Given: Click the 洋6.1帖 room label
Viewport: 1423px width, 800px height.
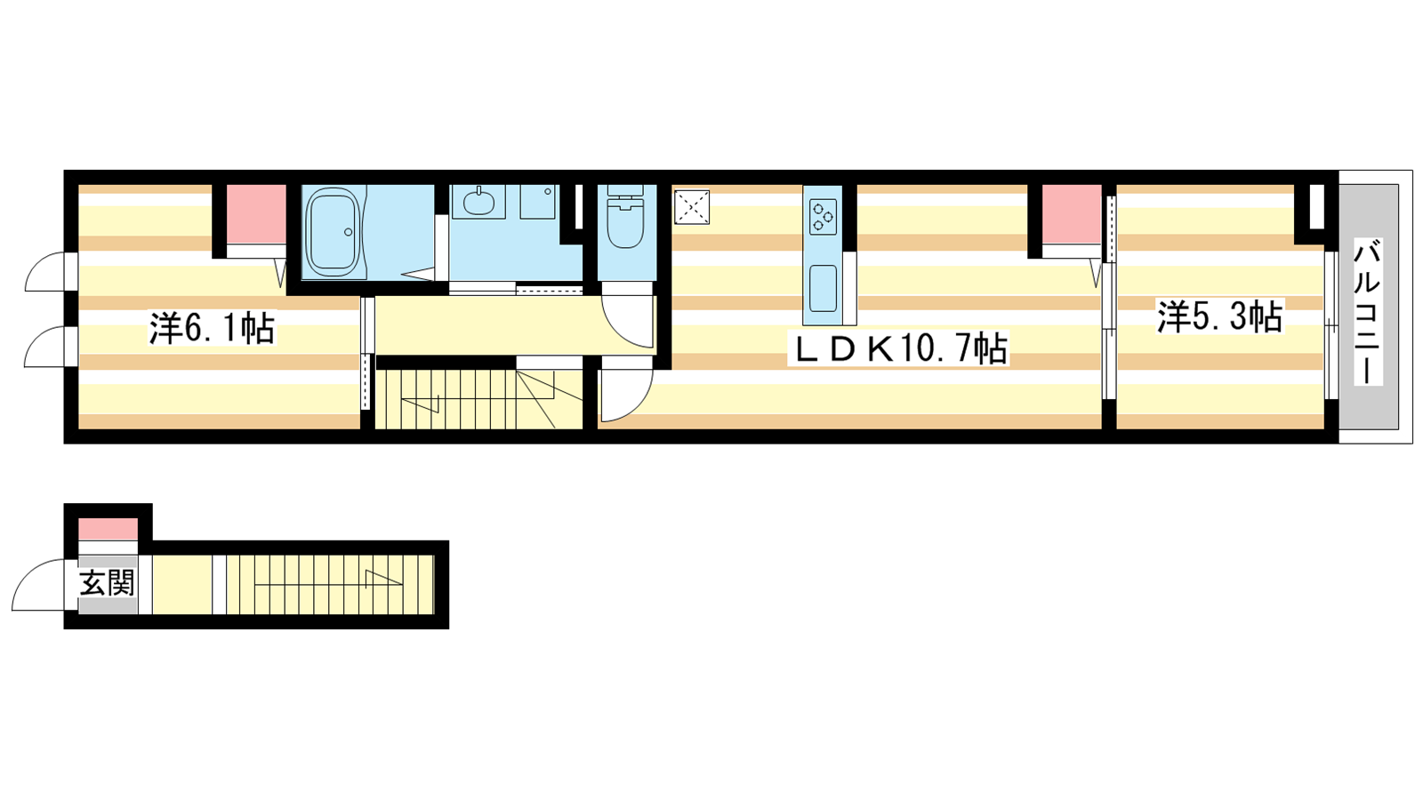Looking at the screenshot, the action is [x=212, y=328].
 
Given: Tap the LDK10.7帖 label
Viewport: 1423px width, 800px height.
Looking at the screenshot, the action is [x=897, y=348].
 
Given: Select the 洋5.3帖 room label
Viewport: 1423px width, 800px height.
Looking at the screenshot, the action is [x=1219, y=316].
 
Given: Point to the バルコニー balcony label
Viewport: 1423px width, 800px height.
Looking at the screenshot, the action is [x=1368, y=312].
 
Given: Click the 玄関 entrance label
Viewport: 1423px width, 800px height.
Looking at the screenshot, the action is [x=108, y=583].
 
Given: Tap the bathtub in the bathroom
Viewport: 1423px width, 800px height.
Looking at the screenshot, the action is [x=334, y=232].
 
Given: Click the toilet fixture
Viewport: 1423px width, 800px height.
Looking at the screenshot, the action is [x=626, y=217].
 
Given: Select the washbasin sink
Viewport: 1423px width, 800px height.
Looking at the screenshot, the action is [x=478, y=202].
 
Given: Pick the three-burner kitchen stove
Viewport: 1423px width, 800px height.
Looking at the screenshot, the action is [x=823, y=217].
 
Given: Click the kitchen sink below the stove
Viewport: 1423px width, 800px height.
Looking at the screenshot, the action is [x=823, y=288].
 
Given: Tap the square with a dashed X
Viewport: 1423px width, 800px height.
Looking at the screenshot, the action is [x=692, y=207].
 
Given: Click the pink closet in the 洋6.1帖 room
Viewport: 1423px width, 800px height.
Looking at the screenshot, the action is [x=256, y=214].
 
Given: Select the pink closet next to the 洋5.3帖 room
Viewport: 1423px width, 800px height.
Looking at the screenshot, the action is [x=1072, y=214].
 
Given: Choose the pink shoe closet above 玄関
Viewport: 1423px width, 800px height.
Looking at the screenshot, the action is [x=108, y=529].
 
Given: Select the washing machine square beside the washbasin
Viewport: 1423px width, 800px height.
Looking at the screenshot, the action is [x=537, y=202].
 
